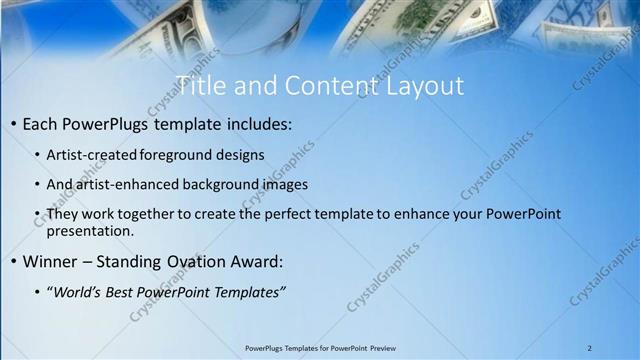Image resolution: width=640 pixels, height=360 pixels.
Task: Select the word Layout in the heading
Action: click(426, 86)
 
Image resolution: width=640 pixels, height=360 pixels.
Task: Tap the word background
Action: click(215, 185)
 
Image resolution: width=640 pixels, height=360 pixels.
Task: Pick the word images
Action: click(284, 185)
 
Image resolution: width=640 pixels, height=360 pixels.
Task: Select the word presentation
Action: click(89, 231)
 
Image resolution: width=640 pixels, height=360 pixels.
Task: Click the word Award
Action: click(254, 262)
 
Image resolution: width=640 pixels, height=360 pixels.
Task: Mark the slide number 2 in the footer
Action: click(590, 347)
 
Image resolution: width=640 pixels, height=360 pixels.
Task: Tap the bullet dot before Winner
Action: click(12, 262)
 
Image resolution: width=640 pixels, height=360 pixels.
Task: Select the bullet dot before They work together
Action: click(37, 214)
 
